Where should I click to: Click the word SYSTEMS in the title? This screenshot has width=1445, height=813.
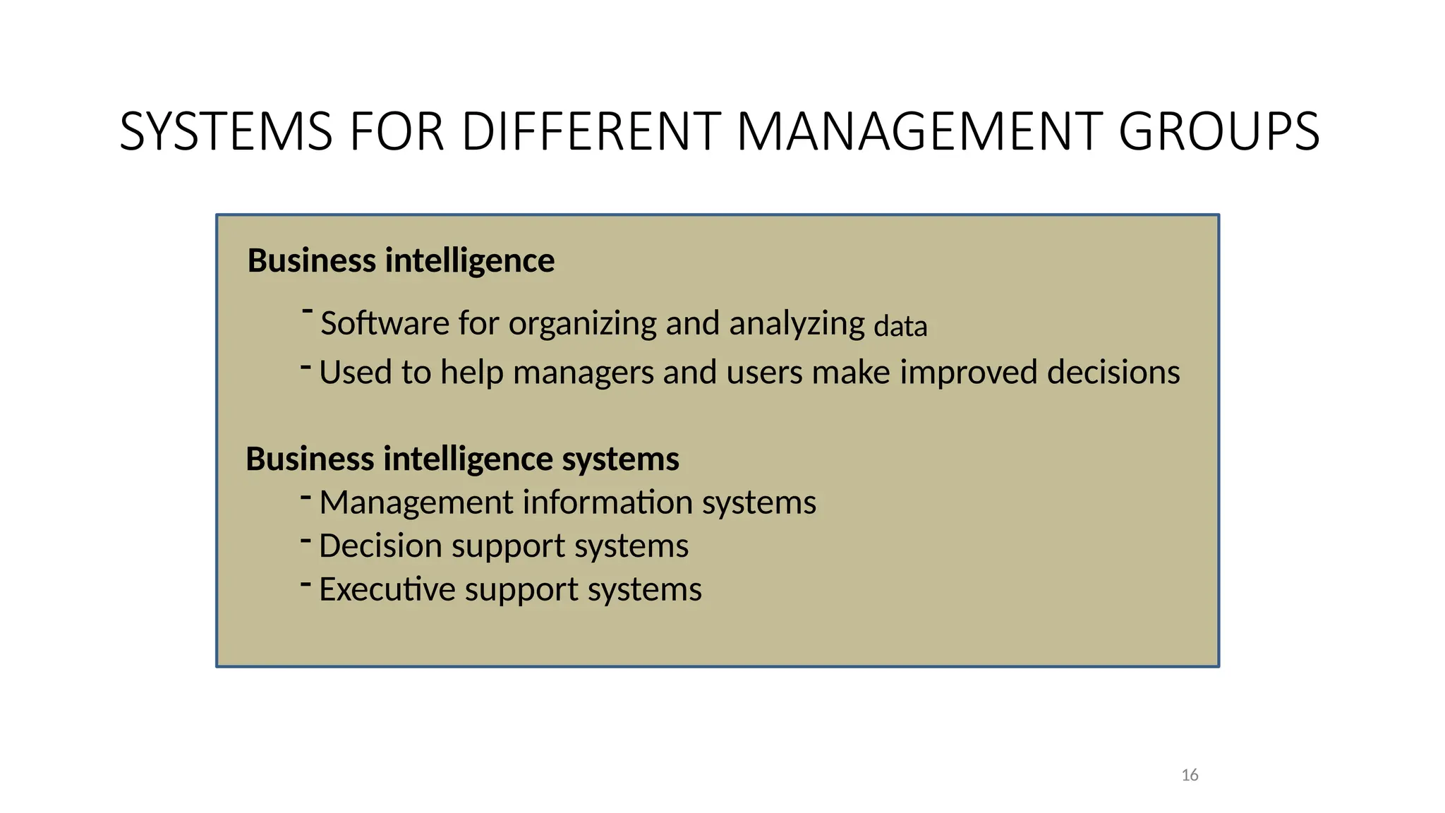point(226,132)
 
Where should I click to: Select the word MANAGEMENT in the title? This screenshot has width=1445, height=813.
point(919,132)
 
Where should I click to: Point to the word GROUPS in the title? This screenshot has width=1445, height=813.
point(1219,132)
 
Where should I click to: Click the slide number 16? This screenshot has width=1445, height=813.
point(1190,775)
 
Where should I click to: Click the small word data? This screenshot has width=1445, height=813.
point(900,327)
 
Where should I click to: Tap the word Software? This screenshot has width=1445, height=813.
point(385,323)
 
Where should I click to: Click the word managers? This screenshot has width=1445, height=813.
point(584,373)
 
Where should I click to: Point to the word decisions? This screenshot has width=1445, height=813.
point(1113,372)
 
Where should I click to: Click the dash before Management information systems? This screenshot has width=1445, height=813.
point(306,498)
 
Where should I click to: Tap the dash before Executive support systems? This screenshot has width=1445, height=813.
point(306,584)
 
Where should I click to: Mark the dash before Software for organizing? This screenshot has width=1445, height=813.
point(307,310)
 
